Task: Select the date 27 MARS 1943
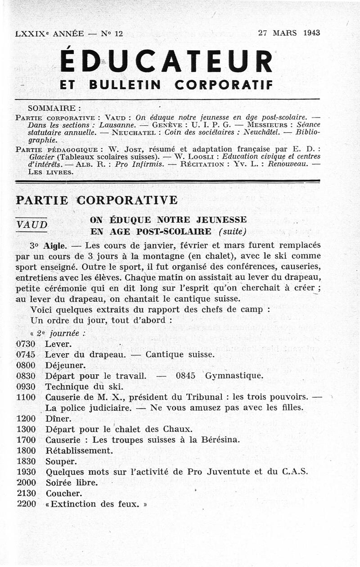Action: pyautogui.click(x=288, y=33)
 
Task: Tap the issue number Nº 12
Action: pyautogui.click(x=112, y=33)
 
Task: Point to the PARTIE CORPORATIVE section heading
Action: pyautogui.click(x=97, y=200)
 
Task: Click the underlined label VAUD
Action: pyautogui.click(x=31, y=224)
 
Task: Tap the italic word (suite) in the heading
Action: pyautogui.click(x=232, y=232)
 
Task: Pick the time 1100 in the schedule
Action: pyautogui.click(x=26, y=397)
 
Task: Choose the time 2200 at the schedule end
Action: pyautogui.click(x=26, y=503)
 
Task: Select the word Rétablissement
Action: pyautogui.click(x=79, y=450)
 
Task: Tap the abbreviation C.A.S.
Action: pyautogui.click(x=295, y=472)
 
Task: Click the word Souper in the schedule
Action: pyautogui.click(x=61, y=461)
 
